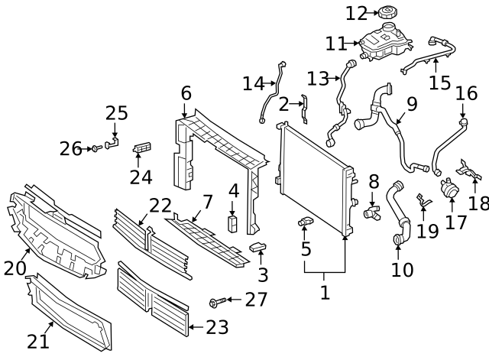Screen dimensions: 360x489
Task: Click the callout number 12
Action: pyautogui.click(x=357, y=13)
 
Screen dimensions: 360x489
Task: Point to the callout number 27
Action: pyautogui.click(x=257, y=300)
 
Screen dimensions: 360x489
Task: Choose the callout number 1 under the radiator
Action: pyautogui.click(x=325, y=292)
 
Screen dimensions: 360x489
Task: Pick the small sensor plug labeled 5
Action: pyautogui.click(x=305, y=222)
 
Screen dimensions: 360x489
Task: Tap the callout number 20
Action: pyautogui.click(x=15, y=268)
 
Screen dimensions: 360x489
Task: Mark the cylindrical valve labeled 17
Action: pyautogui.click(x=448, y=187)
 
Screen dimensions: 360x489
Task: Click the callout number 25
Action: pyautogui.click(x=116, y=113)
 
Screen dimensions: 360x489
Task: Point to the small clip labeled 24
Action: pyautogui.click(x=141, y=147)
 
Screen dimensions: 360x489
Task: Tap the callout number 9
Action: pyautogui.click(x=412, y=104)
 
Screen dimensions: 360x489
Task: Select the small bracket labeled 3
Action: pyautogui.click(x=258, y=248)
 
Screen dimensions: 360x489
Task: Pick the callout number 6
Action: pyautogui.click(x=186, y=93)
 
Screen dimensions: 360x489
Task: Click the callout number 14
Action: pyautogui.click(x=253, y=83)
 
